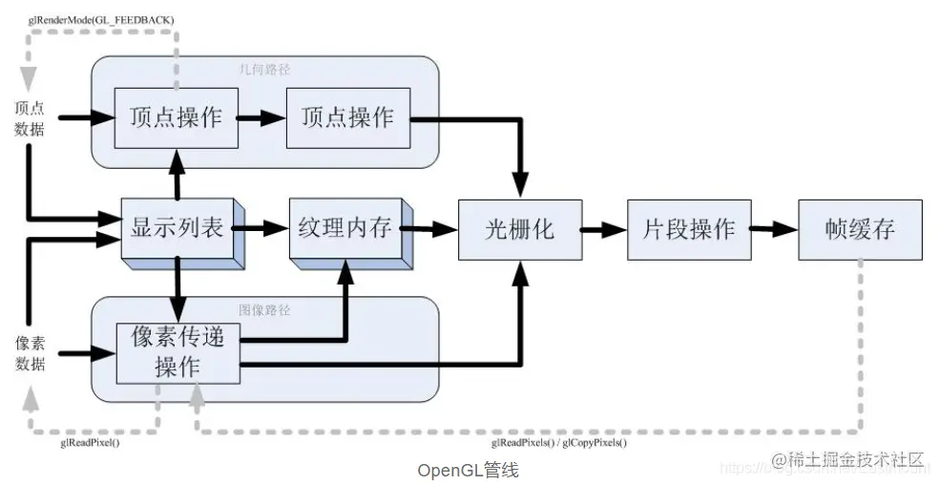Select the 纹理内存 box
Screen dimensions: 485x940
345,229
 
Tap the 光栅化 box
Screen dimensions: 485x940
519,229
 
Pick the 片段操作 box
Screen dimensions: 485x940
688,229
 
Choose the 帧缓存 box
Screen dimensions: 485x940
859,229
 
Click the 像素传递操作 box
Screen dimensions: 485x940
178,352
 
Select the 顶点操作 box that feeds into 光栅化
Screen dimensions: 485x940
347,117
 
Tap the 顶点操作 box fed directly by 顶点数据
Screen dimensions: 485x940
177,117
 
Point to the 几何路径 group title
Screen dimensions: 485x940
263,70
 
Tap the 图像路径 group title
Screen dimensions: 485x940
263,311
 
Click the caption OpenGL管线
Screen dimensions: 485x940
468,471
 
